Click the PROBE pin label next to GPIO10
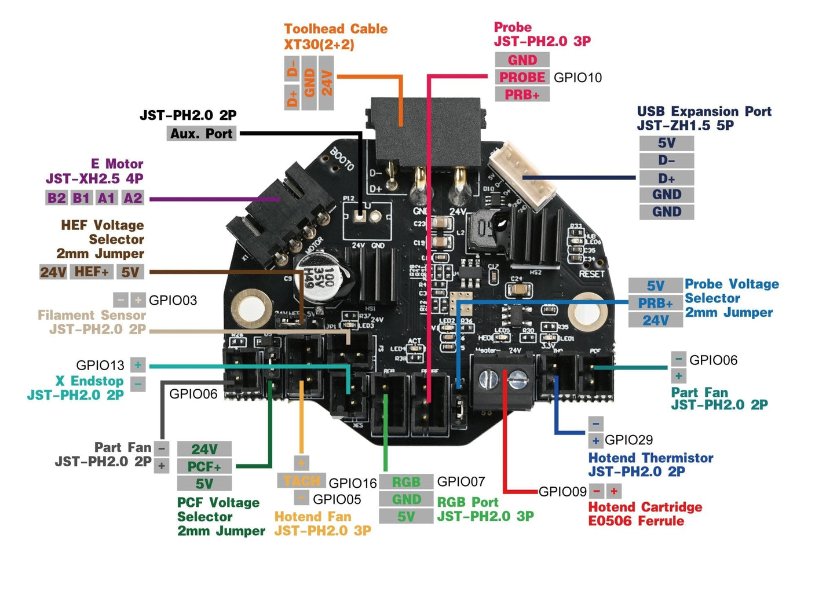pyautogui.click(x=522, y=77)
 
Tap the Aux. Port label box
pyautogui.click(x=201, y=134)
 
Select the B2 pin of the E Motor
pyautogui.click(x=56, y=198)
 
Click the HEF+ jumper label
pyautogui.click(x=92, y=272)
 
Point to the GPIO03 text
pyautogui.click(x=173, y=300)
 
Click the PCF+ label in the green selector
pyautogui.click(x=204, y=466)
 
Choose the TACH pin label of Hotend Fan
pyautogui.click(x=301, y=481)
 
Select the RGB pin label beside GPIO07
pyautogui.click(x=406, y=482)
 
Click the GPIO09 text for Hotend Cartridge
pyautogui.click(x=562, y=492)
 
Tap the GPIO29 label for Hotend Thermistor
pyautogui.click(x=628, y=440)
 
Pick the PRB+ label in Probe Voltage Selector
pyautogui.click(x=655, y=303)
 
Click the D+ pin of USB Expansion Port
pyautogui.click(x=666, y=178)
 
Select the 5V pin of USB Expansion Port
pyautogui.click(x=666, y=143)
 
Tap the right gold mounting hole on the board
pyautogui.click(x=587, y=311)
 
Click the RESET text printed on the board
pyautogui.click(x=591, y=273)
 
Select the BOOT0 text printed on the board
pyautogui.click(x=342, y=159)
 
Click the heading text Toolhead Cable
pyautogui.click(x=335, y=29)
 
